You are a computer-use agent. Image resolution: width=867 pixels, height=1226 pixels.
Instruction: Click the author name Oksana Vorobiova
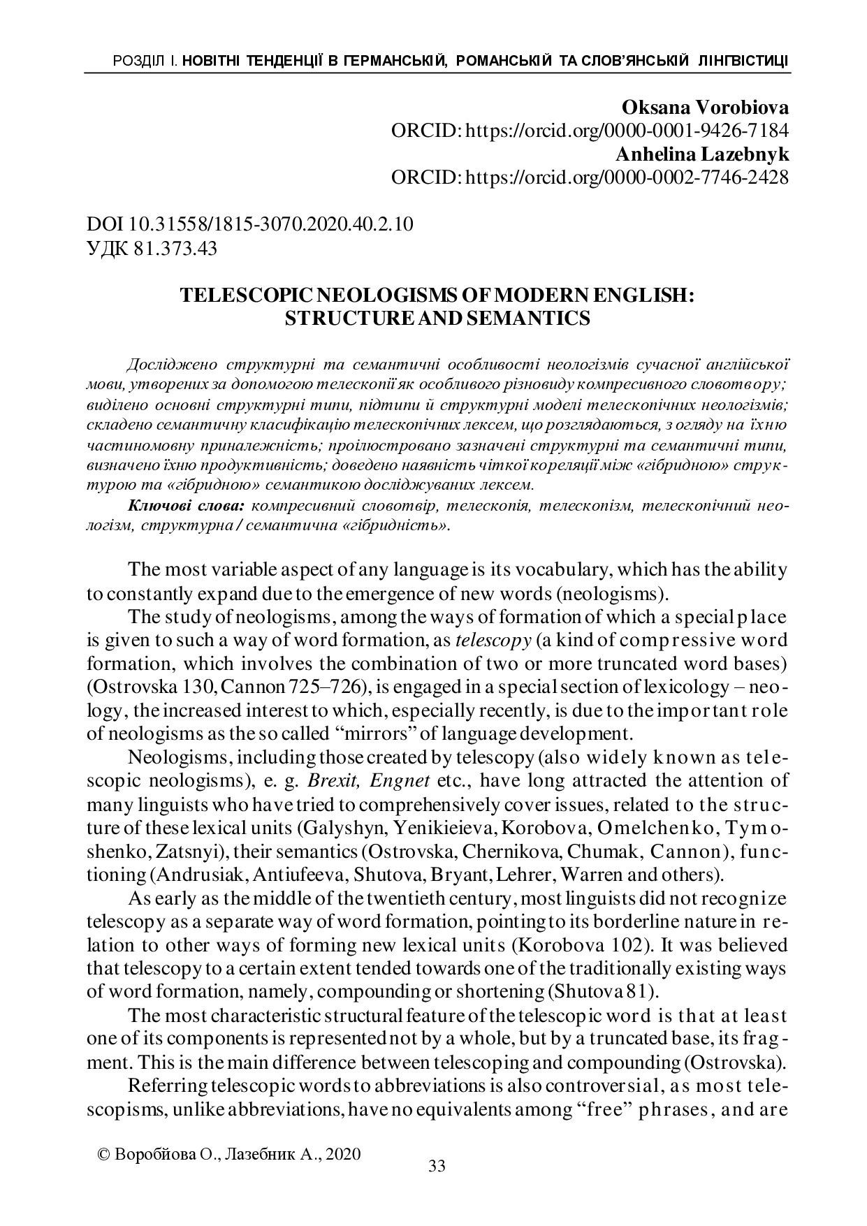click(704, 108)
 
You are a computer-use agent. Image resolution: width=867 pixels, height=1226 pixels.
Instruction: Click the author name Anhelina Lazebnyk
click(701, 154)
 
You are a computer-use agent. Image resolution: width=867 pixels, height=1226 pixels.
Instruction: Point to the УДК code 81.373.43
click(174, 248)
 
